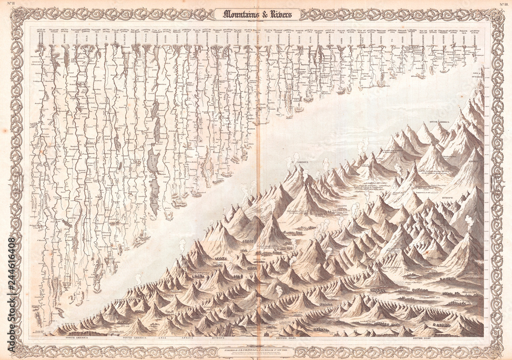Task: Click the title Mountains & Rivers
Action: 257,14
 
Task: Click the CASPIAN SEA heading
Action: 145,32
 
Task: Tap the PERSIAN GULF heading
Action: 189,32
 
